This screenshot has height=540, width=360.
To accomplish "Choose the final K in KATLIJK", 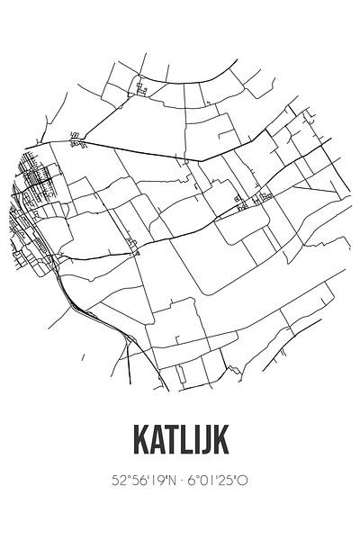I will pyautogui.click(x=224, y=441).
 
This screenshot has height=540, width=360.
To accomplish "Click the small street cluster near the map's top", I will pyautogui.click(x=141, y=87).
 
